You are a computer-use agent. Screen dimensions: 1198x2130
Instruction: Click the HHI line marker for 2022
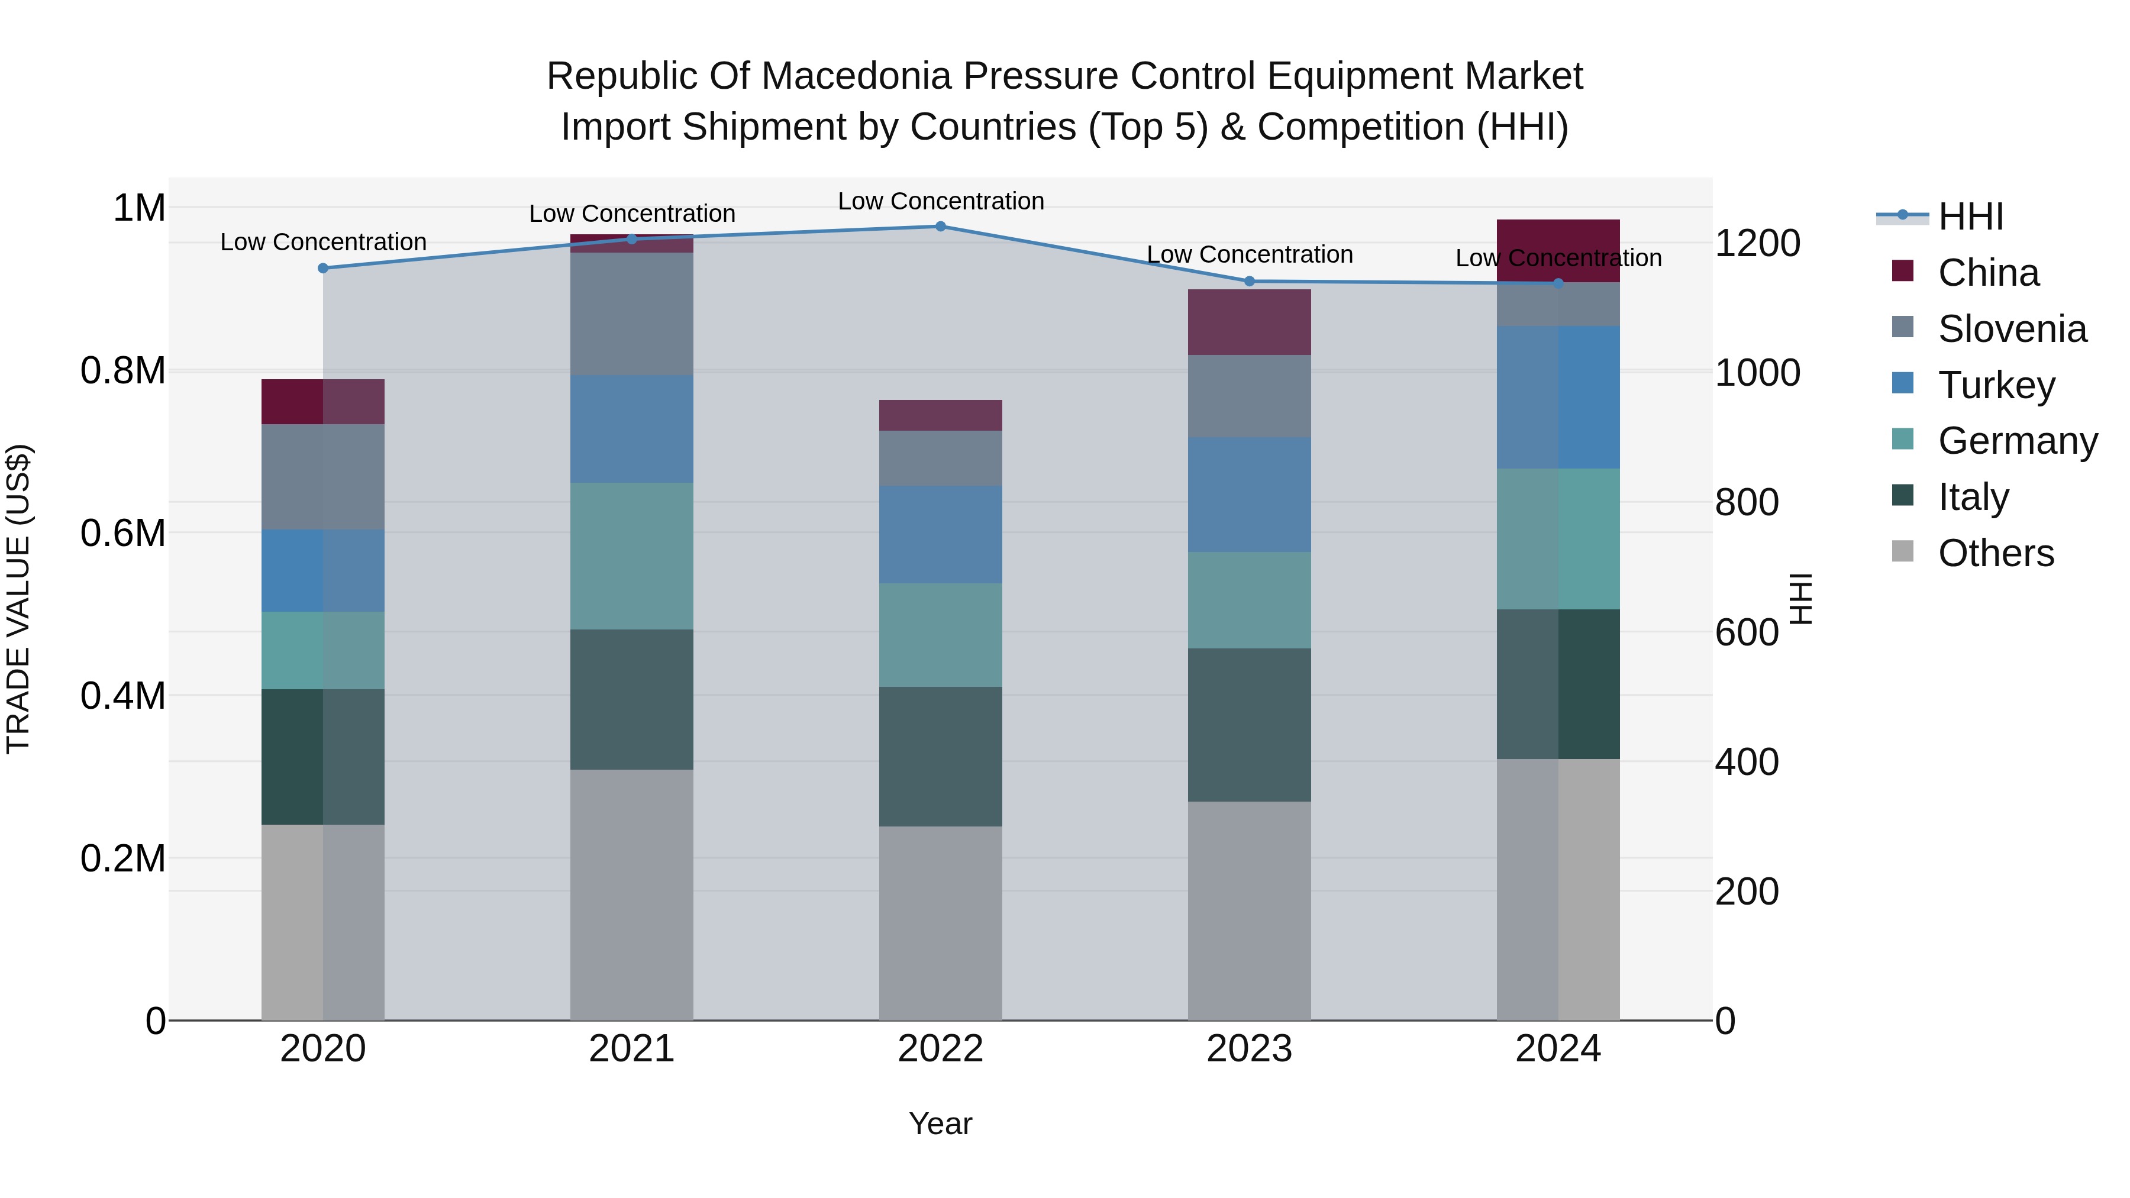click(940, 227)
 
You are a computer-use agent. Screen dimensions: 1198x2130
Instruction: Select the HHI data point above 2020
click(323, 268)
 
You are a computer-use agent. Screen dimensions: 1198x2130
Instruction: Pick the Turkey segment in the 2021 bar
click(632, 429)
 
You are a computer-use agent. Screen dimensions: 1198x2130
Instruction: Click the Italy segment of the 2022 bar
click(940, 757)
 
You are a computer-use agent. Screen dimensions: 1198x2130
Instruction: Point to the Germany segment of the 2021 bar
click(632, 557)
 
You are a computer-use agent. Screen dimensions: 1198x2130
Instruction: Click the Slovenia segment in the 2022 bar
click(940, 458)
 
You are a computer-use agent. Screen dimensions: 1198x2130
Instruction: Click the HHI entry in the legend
click(1970, 217)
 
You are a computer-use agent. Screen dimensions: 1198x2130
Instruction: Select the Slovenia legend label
click(2012, 329)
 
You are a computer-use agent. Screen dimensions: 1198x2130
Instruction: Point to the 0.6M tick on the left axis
click(123, 533)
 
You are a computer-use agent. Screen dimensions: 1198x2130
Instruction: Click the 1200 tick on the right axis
click(1757, 243)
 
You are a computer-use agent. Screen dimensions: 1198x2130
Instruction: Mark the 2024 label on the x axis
click(1558, 1049)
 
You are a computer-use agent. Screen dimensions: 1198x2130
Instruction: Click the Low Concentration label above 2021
click(632, 214)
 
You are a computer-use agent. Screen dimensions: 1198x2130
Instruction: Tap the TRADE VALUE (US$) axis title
click(18, 599)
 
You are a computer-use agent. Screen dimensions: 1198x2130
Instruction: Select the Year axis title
click(940, 1123)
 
